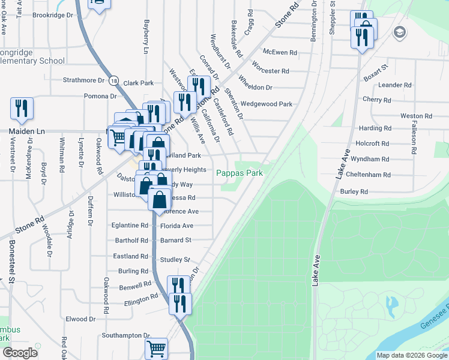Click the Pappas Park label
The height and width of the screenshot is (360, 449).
240,172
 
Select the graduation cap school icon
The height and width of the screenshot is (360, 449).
398,31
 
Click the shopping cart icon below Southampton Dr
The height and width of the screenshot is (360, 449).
156,347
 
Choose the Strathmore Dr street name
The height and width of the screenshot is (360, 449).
84,80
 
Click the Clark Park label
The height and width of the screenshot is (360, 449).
139,83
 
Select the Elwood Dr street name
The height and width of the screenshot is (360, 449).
80,319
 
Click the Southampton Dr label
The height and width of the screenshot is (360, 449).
125,335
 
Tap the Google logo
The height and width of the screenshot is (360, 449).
20,353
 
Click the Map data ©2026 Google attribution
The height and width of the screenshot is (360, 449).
411,355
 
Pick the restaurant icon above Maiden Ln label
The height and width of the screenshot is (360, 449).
22,108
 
